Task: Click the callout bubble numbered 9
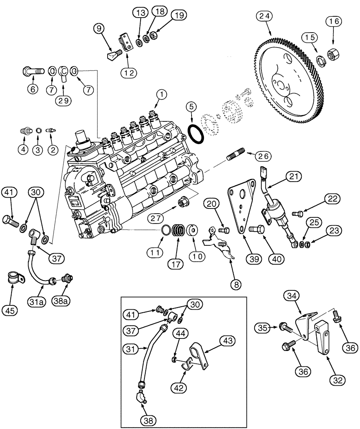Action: point(99,29)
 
